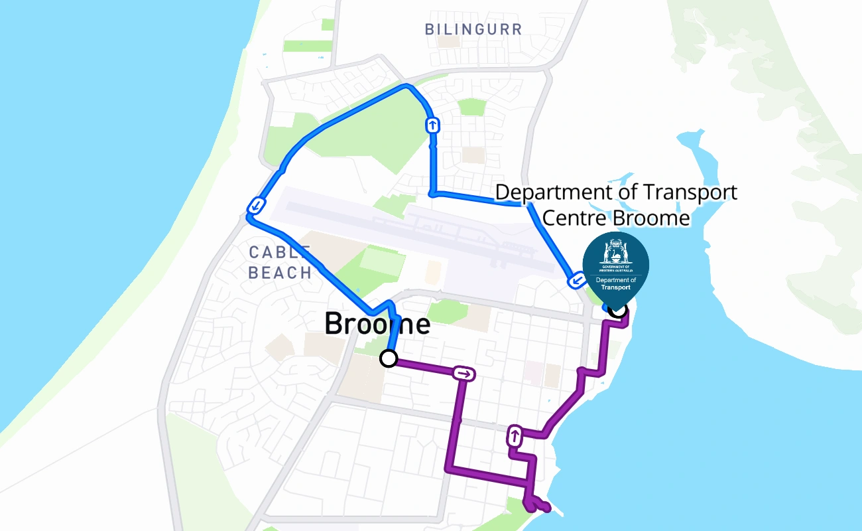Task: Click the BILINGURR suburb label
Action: [473, 29]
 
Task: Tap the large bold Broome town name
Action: [377, 324]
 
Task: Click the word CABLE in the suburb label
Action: [279, 252]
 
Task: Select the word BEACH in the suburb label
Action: [280, 272]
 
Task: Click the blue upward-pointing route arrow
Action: [432, 125]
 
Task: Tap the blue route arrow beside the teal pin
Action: [576, 281]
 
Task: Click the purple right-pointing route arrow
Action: [464, 374]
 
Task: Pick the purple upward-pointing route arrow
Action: [514, 437]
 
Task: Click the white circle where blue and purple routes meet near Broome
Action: [389, 359]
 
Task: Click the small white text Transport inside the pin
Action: [616, 287]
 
